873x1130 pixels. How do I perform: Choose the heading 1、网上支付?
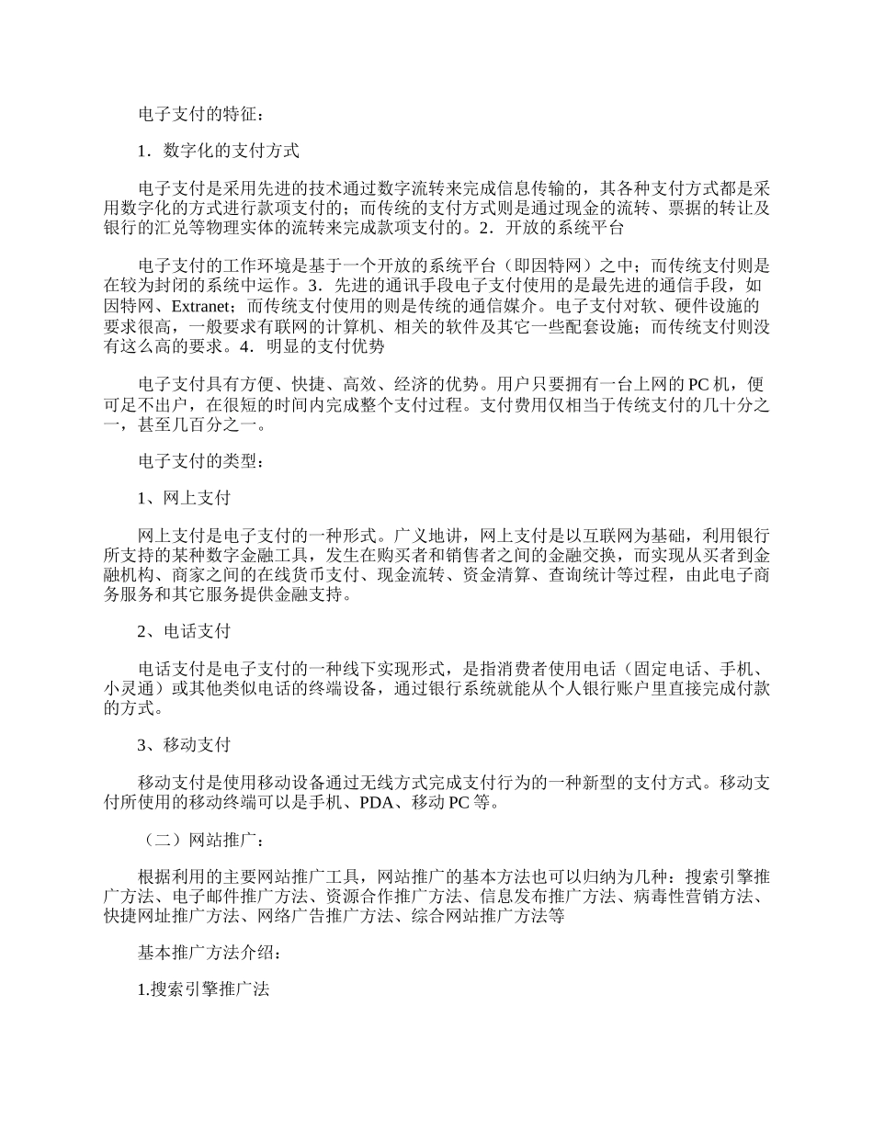[x=184, y=498]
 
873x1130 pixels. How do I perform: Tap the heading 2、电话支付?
[x=184, y=632]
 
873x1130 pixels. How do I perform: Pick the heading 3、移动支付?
[x=184, y=744]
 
